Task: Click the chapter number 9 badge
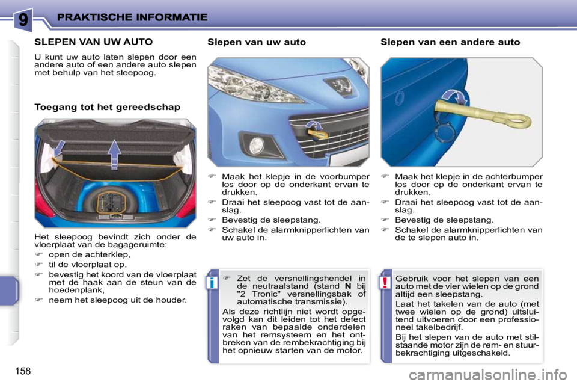pos(22,19)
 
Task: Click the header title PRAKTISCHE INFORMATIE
pos(132,17)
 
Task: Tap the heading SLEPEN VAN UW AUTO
pos(93,42)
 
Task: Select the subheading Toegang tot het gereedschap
pos(107,107)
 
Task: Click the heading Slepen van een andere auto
pos(450,42)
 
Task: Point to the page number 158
pos(20,369)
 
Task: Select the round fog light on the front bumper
pos(257,145)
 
